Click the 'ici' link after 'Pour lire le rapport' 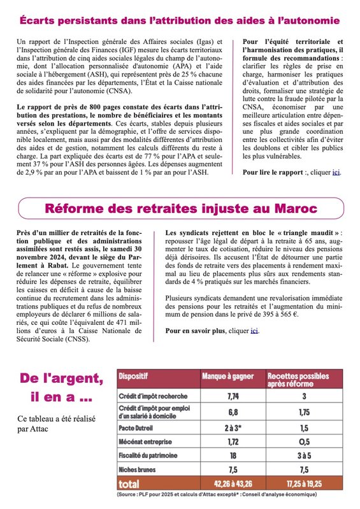[336, 172]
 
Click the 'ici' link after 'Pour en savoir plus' [255, 331]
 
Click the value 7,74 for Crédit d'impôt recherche [233, 396]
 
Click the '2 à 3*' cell [233, 427]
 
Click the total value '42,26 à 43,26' [233, 482]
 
